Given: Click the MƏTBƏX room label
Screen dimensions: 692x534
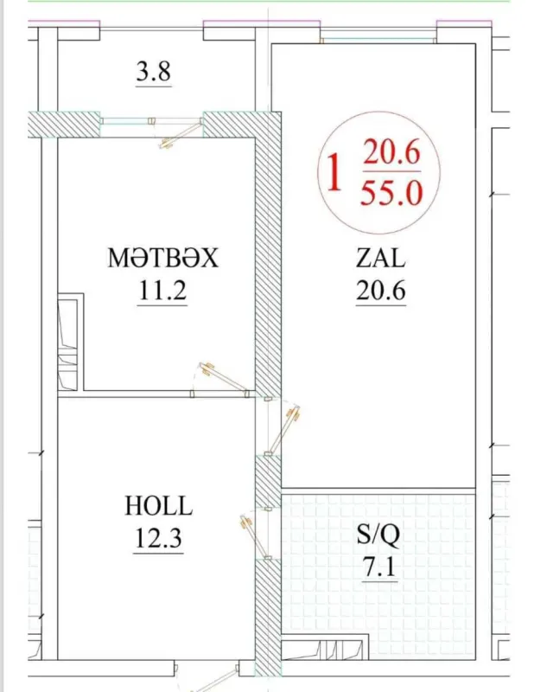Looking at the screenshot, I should pos(163,258).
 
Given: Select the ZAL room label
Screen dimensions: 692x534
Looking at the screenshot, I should pos(381,258).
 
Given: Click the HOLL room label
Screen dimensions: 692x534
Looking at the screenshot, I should pos(159,506).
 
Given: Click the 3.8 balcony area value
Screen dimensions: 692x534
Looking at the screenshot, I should pos(154,72).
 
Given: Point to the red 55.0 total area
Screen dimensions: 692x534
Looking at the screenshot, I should pos(391,192).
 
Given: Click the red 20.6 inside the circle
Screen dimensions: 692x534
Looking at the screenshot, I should pos(391,154).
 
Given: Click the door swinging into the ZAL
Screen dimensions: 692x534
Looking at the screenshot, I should pos(285,429).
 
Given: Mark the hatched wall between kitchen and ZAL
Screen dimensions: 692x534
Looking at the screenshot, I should pos(269,259).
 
